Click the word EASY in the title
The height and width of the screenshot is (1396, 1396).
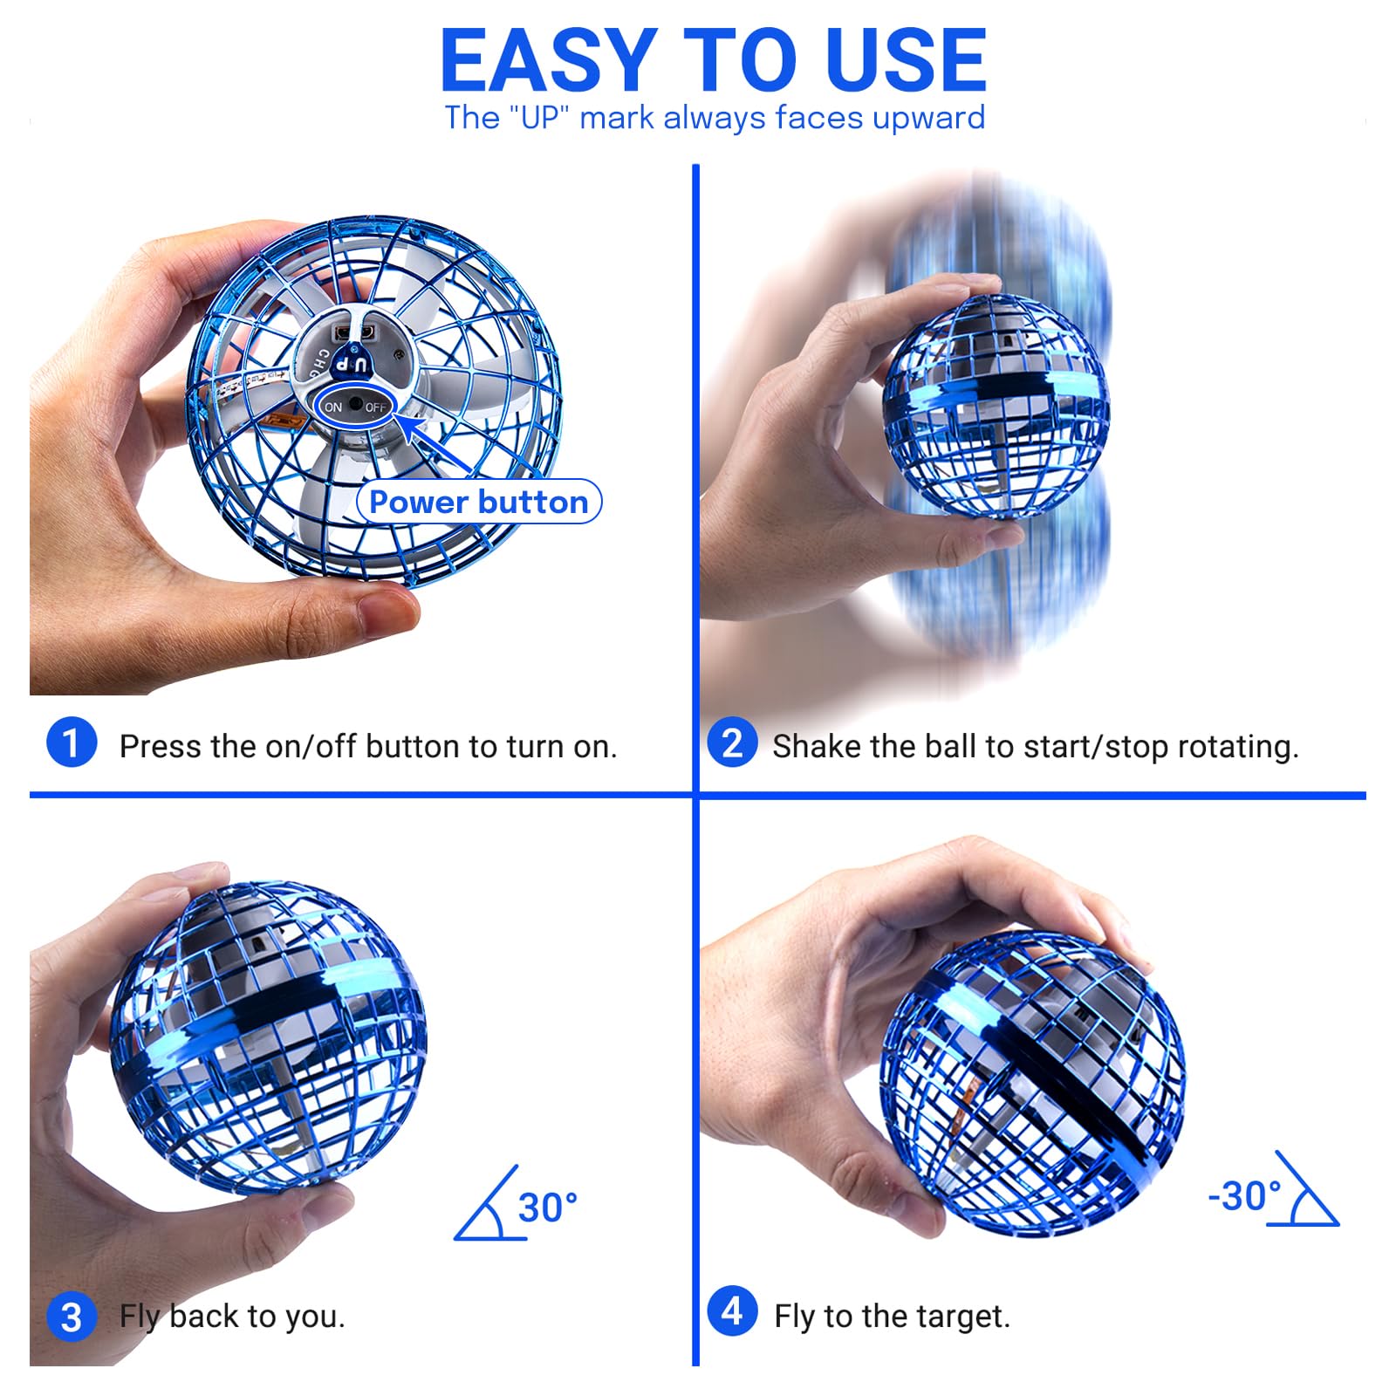[x=549, y=60]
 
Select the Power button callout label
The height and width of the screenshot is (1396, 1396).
[x=479, y=502]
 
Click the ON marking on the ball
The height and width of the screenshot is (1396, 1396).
[x=333, y=407]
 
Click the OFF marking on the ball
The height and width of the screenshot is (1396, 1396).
[x=376, y=407]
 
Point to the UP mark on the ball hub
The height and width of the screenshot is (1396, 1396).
[x=353, y=363]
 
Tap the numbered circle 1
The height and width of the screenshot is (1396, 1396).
[x=72, y=742]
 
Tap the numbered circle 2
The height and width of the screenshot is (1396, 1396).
[x=732, y=742]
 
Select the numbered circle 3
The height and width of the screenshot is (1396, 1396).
[x=72, y=1317]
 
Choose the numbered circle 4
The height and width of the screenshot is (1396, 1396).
[x=732, y=1310]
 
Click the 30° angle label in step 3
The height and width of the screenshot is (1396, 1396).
[x=548, y=1208]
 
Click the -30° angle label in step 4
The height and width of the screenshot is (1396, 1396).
[x=1245, y=1196]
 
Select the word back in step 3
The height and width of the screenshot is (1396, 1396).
[x=204, y=1316]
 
